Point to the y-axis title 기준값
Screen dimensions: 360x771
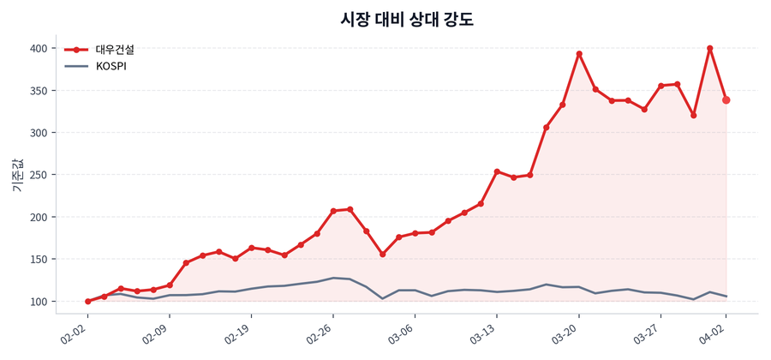(16, 175)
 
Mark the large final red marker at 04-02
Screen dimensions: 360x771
(726, 100)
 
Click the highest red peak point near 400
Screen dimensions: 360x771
(710, 48)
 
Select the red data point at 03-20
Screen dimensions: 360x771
(579, 54)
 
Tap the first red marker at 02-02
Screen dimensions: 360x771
(87, 302)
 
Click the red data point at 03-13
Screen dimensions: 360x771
(497, 171)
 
